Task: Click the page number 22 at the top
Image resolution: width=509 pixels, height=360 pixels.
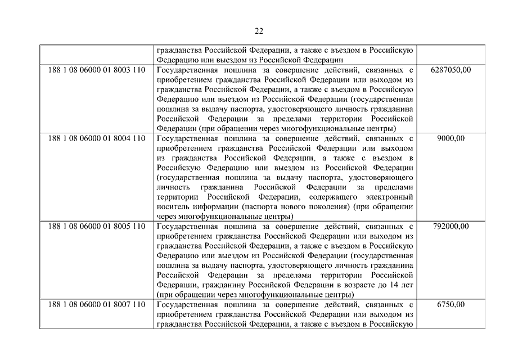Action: coord(258,31)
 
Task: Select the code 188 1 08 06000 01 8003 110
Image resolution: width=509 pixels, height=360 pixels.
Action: coord(97,70)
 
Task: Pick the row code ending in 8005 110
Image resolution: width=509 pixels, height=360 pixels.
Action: coord(97,226)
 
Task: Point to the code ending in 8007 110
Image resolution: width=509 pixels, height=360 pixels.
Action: coord(97,304)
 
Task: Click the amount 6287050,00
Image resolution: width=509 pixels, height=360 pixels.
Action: coord(450,70)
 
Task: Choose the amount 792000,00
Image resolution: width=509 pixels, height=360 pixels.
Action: coord(450,226)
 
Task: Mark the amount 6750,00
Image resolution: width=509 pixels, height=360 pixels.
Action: coord(450,304)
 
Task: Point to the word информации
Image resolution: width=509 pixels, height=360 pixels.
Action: coord(217,206)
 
